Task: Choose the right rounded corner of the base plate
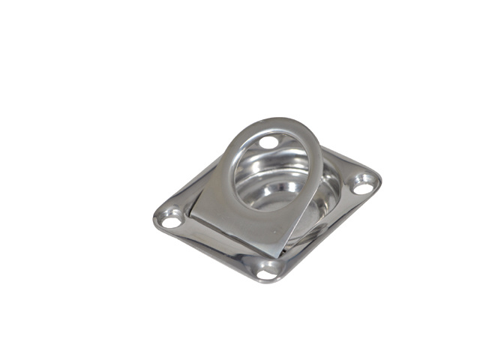378,180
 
